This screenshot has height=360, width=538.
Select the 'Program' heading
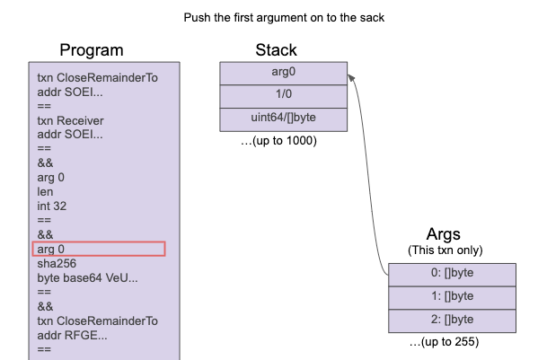tap(92, 50)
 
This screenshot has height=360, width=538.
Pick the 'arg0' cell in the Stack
tap(284, 71)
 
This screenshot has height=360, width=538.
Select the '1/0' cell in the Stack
tap(284, 94)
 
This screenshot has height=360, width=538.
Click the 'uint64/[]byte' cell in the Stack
tap(284, 118)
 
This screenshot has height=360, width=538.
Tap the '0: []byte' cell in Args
tap(451, 275)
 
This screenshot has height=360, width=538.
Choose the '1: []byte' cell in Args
tap(451, 297)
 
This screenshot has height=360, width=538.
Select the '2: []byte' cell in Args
tap(451, 320)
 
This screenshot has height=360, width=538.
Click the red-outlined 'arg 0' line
tap(99, 249)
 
